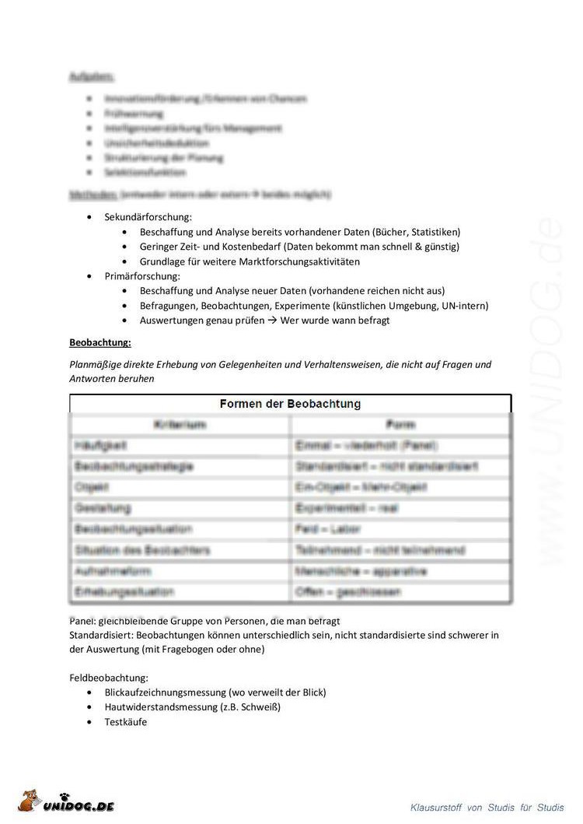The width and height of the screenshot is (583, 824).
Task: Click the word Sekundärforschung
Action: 148,217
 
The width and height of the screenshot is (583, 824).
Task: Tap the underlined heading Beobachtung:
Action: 100,342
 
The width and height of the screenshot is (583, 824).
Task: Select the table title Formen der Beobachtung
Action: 290,404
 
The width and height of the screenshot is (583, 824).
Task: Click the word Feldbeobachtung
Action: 109,678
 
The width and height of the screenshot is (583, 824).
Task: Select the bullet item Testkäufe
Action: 126,722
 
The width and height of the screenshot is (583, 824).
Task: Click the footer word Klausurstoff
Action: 436,808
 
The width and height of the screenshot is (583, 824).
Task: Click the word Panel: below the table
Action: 82,621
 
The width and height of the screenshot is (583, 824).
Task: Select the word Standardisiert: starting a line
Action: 102,635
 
